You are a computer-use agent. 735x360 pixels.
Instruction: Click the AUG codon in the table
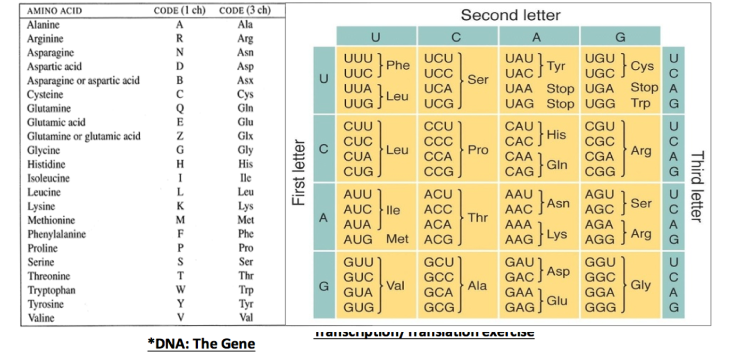(358, 239)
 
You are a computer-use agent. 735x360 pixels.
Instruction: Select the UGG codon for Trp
(600, 104)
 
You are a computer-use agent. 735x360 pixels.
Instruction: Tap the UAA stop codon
(519, 89)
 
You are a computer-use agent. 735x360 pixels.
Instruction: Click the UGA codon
(600, 89)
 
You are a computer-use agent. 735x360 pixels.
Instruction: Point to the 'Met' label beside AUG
(397, 239)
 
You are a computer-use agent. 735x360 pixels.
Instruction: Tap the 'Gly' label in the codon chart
(641, 285)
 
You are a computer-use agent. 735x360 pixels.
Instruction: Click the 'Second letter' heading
(510, 15)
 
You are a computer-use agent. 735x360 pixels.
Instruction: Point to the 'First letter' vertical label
(299, 172)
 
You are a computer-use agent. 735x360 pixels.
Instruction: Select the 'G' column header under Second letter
(620, 37)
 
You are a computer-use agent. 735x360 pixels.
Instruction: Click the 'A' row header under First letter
(324, 218)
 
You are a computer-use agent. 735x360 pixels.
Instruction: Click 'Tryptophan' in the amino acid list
(51, 290)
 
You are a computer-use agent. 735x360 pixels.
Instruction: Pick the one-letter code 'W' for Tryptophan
(180, 290)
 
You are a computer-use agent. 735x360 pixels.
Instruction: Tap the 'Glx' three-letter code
(246, 136)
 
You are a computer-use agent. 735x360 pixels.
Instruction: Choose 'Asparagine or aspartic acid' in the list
(83, 80)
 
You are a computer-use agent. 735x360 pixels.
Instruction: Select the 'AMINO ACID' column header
(55, 11)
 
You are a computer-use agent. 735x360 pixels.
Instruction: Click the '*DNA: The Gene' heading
(201, 344)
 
